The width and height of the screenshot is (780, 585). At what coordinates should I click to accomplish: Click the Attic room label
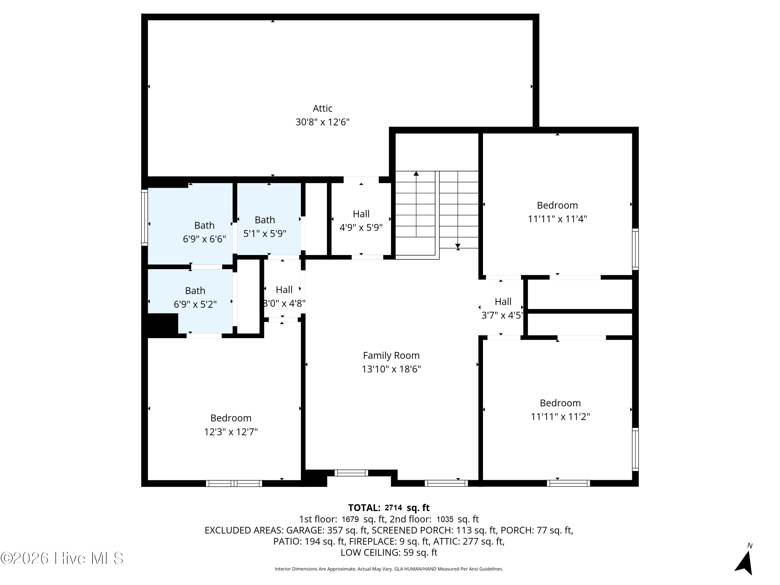tap(322, 108)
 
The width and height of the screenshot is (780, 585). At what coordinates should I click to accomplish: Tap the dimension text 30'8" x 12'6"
tap(322, 122)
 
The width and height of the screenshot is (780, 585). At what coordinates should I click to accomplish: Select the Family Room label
tap(391, 356)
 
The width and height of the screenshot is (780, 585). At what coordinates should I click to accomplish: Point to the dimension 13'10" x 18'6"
tap(391, 369)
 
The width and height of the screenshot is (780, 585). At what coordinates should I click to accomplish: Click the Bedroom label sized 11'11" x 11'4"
tap(557, 205)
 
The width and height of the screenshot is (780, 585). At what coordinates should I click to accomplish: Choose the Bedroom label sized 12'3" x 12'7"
tap(231, 418)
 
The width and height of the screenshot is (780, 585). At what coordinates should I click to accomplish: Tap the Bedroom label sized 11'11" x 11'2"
tap(560, 403)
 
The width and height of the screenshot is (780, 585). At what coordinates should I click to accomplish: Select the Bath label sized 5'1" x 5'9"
tap(265, 220)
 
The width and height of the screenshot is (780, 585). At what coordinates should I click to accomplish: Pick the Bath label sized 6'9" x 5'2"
tap(195, 291)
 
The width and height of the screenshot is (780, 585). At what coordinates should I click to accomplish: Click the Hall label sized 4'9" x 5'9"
tap(361, 214)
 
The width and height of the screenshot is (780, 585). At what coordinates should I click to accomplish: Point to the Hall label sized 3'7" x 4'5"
tap(503, 302)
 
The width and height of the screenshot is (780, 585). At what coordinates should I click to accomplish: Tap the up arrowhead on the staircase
tap(416, 173)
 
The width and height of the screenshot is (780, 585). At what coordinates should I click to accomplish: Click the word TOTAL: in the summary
tap(364, 508)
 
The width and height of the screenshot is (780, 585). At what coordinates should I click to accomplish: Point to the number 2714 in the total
tap(393, 508)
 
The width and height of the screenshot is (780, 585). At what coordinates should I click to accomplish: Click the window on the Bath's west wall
tap(145, 218)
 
